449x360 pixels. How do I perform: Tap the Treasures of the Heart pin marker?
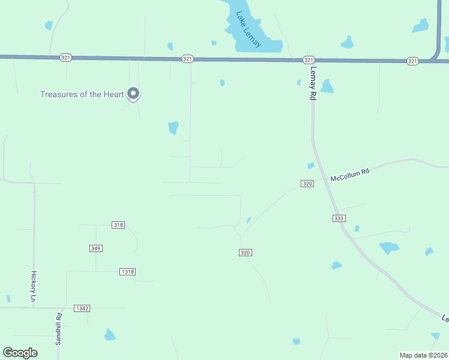click(x=134, y=94)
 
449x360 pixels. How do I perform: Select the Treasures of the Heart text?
click(x=82, y=94)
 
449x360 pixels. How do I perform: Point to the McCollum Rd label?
click(x=349, y=175)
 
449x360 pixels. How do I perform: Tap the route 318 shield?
click(x=118, y=225)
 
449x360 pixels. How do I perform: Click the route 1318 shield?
click(x=127, y=272)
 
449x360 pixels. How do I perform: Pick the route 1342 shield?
click(x=82, y=308)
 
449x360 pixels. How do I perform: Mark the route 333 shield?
click(x=338, y=218)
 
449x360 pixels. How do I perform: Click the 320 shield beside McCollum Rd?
click(x=307, y=184)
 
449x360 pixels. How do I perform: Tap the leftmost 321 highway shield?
click(x=66, y=58)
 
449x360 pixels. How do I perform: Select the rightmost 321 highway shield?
click(x=412, y=61)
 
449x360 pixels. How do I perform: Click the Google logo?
click(x=20, y=353)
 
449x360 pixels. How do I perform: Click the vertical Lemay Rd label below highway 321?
click(x=313, y=83)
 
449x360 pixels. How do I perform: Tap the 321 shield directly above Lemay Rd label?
click(x=309, y=60)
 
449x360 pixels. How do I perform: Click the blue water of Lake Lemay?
click(x=264, y=46)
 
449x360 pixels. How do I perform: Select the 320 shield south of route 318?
click(x=245, y=253)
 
